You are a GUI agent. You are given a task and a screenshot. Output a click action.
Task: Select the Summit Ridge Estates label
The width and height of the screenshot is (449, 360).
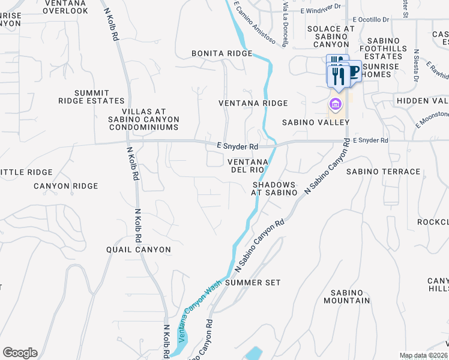pyautogui.click(x=91, y=97)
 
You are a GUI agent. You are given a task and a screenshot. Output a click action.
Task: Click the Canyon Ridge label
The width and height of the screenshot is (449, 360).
pyautogui.click(x=65, y=186)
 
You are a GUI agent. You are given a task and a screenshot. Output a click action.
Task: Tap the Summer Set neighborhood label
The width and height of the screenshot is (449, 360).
pyautogui.click(x=253, y=282)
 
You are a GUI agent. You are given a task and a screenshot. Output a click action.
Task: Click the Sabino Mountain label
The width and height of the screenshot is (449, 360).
pyautogui.click(x=346, y=296)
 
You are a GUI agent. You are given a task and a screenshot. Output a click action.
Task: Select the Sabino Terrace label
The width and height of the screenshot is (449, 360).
pyautogui.click(x=384, y=172)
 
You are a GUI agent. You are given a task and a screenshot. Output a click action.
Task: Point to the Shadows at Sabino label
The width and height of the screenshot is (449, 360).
pyautogui.click(x=274, y=188)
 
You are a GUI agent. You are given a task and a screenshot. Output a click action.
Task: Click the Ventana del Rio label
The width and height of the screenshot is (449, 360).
pyautogui.click(x=247, y=166)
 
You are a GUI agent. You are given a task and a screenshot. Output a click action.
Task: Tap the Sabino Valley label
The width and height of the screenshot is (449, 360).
pyautogui.click(x=316, y=122)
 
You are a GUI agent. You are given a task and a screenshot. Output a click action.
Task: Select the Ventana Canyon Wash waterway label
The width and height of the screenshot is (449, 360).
pyautogui.click(x=196, y=313)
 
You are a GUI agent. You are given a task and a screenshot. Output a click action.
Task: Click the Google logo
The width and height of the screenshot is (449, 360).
pyautogui.click(x=20, y=353)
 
